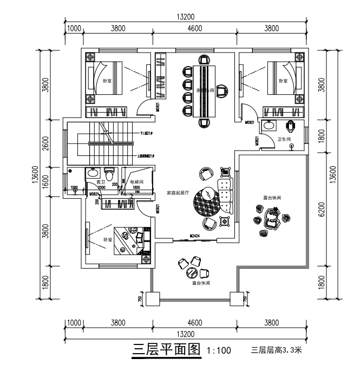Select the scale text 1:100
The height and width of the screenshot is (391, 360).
(219, 351)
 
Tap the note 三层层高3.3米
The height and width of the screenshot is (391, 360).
(276, 350)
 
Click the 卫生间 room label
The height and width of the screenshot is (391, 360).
(284, 139)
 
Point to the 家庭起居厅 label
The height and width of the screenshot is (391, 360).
(177, 193)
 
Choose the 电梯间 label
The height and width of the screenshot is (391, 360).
(136, 182)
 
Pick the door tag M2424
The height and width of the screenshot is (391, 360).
(195, 236)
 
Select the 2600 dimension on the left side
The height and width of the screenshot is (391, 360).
(46, 145)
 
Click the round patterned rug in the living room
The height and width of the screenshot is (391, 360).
(207, 199)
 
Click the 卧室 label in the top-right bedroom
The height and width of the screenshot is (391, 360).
(283, 81)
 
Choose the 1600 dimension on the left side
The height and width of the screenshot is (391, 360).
(46, 179)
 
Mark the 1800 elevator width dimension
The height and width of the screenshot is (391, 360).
(136, 187)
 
